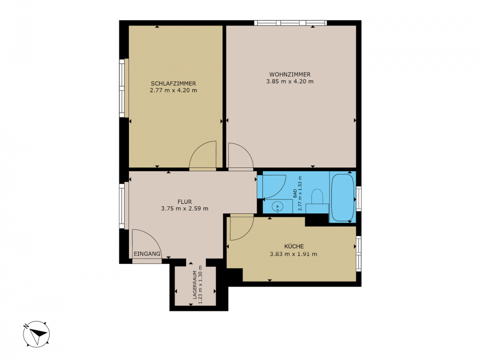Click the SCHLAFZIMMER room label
point(173,84)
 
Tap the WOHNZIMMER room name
point(290,74)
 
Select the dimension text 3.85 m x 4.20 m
point(290,82)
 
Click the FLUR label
point(185,202)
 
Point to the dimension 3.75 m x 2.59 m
point(185,209)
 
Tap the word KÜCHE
point(294,246)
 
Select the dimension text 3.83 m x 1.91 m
point(293,254)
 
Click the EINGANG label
point(147,254)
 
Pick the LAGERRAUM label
point(195,285)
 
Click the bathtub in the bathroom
point(343,197)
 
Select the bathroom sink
point(277,206)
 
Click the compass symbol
point(36,334)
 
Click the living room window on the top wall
point(290,22)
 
